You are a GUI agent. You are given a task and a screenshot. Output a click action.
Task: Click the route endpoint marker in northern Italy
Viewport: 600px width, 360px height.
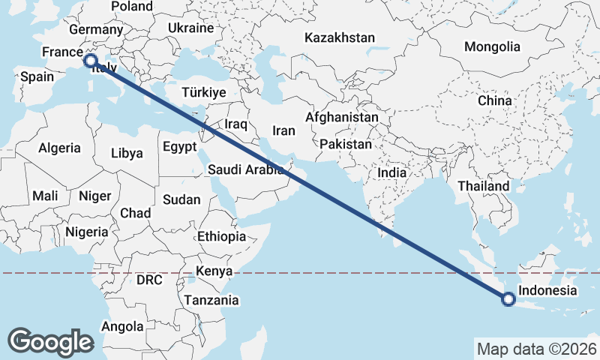[x=91, y=60]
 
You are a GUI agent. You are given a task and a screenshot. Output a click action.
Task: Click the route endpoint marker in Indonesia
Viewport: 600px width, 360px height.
[x=509, y=300]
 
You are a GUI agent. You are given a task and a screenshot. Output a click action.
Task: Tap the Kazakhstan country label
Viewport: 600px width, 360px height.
[x=340, y=37]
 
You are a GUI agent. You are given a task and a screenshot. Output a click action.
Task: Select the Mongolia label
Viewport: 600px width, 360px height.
[x=491, y=46]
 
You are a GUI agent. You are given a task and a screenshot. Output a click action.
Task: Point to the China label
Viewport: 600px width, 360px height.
[x=494, y=100]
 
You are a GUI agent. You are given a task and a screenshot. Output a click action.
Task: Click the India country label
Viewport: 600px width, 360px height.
[x=391, y=172]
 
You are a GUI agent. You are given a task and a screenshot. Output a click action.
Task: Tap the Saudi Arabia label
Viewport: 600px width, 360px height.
[x=244, y=169]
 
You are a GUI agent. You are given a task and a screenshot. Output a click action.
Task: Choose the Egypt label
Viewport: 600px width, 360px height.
[x=179, y=145]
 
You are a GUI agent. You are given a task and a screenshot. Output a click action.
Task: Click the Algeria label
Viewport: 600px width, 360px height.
[x=59, y=148]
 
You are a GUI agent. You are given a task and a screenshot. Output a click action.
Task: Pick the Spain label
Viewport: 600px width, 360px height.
[x=37, y=76]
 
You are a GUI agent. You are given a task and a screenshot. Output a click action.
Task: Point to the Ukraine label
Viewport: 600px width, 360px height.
[x=190, y=28]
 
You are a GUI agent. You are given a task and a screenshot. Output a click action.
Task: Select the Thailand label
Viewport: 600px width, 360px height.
[x=484, y=186]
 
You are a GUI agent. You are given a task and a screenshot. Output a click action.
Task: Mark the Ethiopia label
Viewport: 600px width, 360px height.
[x=221, y=236]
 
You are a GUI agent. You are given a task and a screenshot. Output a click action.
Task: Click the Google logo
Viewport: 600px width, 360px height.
[x=50, y=342]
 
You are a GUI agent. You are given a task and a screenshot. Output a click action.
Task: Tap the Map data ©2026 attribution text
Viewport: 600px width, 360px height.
[x=536, y=349]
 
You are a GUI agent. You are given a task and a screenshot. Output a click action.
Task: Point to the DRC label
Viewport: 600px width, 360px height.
[x=149, y=280]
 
